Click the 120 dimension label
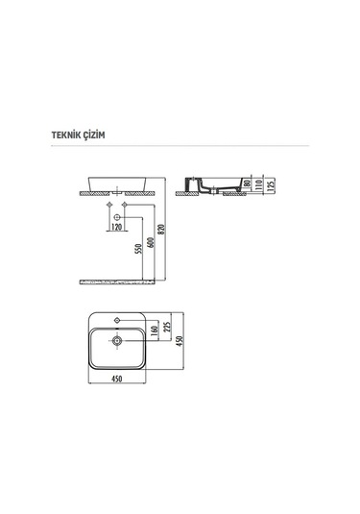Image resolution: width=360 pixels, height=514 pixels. click(115, 227)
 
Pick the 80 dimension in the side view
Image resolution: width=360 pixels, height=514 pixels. click(247, 184)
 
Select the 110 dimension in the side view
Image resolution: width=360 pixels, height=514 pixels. click(258, 184)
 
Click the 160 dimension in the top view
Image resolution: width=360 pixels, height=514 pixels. click(154, 332)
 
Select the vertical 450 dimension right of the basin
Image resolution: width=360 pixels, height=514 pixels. click(182, 342)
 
